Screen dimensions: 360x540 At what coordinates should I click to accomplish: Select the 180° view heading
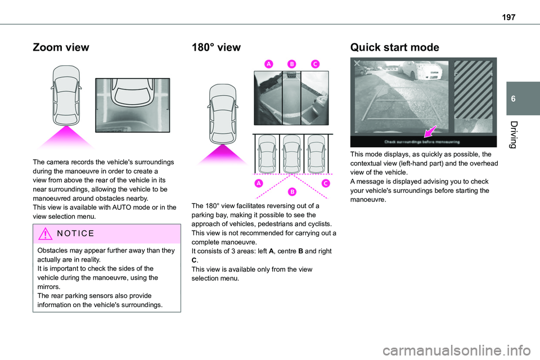click(x=216, y=47)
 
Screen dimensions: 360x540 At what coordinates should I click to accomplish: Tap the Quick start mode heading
click(x=394, y=47)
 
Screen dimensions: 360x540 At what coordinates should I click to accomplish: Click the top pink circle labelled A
click(x=269, y=65)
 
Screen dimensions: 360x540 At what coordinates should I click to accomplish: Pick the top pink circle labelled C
click(x=314, y=65)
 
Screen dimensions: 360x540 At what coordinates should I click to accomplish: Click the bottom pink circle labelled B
click(x=293, y=192)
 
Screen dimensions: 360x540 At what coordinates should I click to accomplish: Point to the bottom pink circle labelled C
click(x=325, y=183)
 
